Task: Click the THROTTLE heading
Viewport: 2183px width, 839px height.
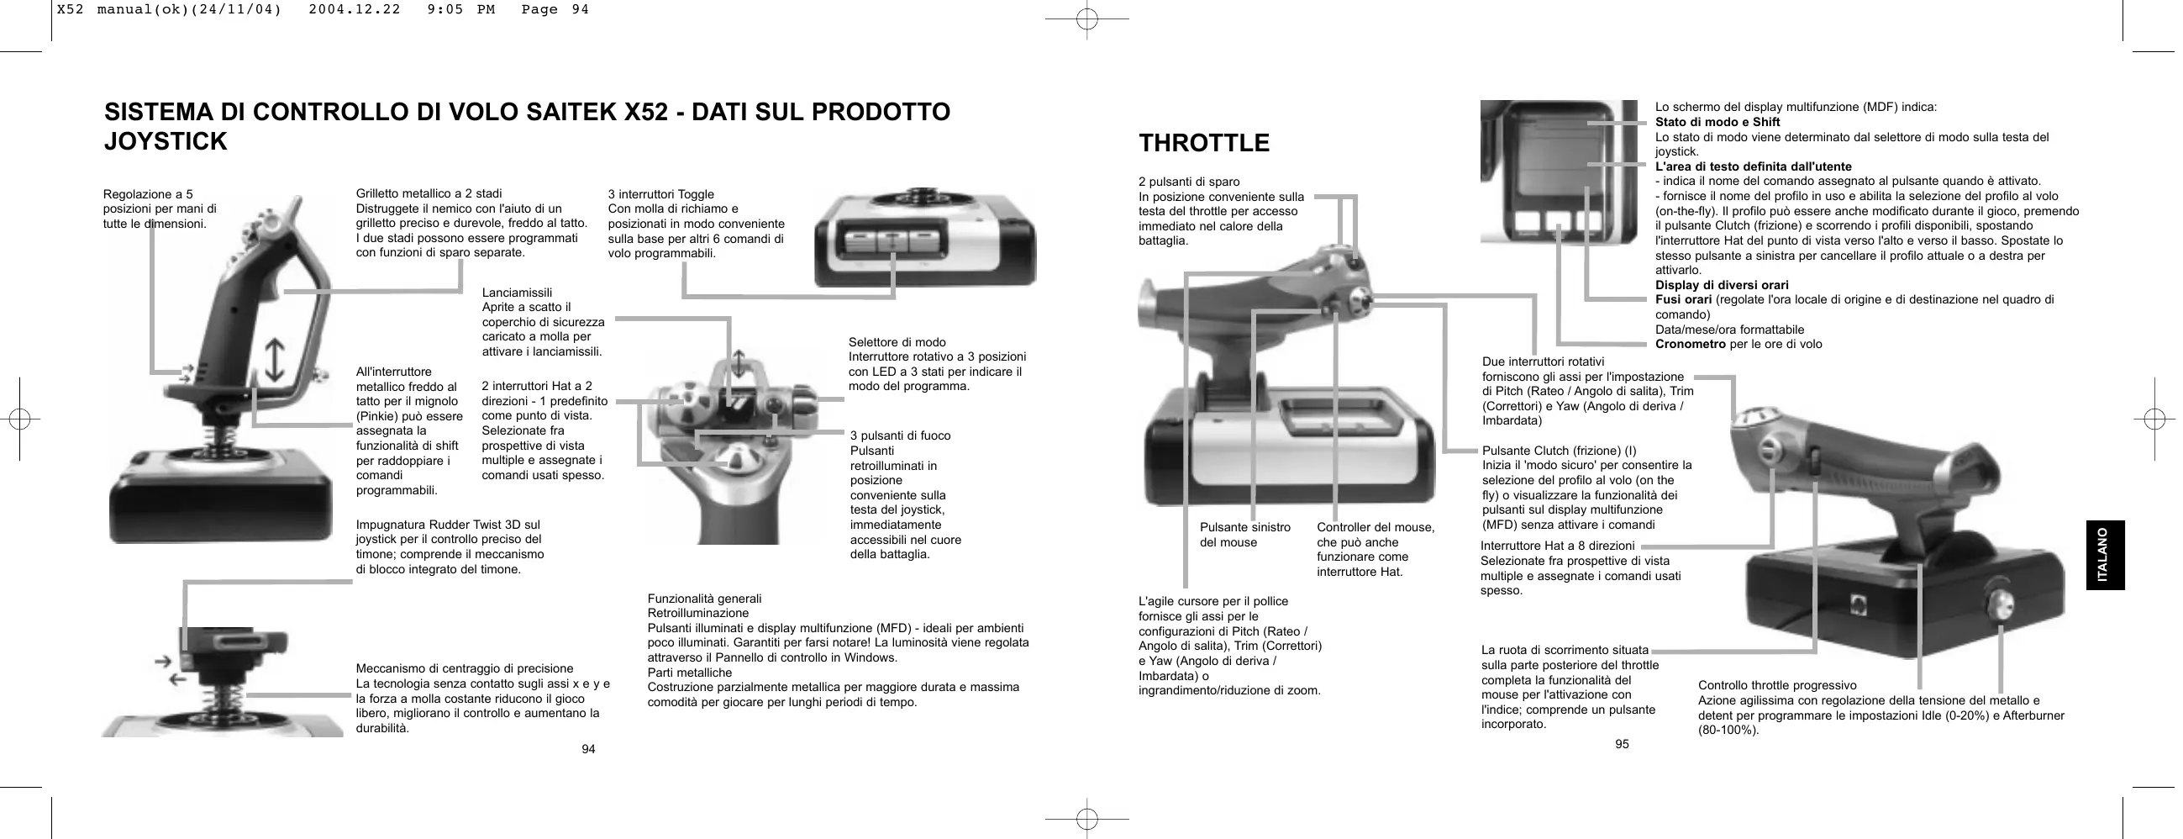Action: [1204, 143]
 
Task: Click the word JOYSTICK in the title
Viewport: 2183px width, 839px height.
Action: [166, 141]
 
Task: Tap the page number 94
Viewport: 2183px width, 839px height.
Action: [588, 749]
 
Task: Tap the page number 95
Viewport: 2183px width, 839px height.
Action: [1621, 744]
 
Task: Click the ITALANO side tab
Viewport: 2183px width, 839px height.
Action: [2105, 555]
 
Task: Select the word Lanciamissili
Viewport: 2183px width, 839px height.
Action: [517, 293]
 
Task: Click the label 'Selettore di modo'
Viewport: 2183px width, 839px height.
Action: [897, 342]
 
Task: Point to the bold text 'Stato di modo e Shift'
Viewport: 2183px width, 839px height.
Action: [1717, 122]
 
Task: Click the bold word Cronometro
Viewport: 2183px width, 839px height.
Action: [1690, 344]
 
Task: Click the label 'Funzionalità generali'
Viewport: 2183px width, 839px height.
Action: [704, 599]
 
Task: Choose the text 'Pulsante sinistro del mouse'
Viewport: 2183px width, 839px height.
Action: [1245, 535]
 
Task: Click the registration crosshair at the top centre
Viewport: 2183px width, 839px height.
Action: [1086, 18]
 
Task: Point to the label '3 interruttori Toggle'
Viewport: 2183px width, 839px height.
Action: [661, 194]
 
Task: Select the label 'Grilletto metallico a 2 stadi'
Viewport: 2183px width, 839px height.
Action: [429, 194]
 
